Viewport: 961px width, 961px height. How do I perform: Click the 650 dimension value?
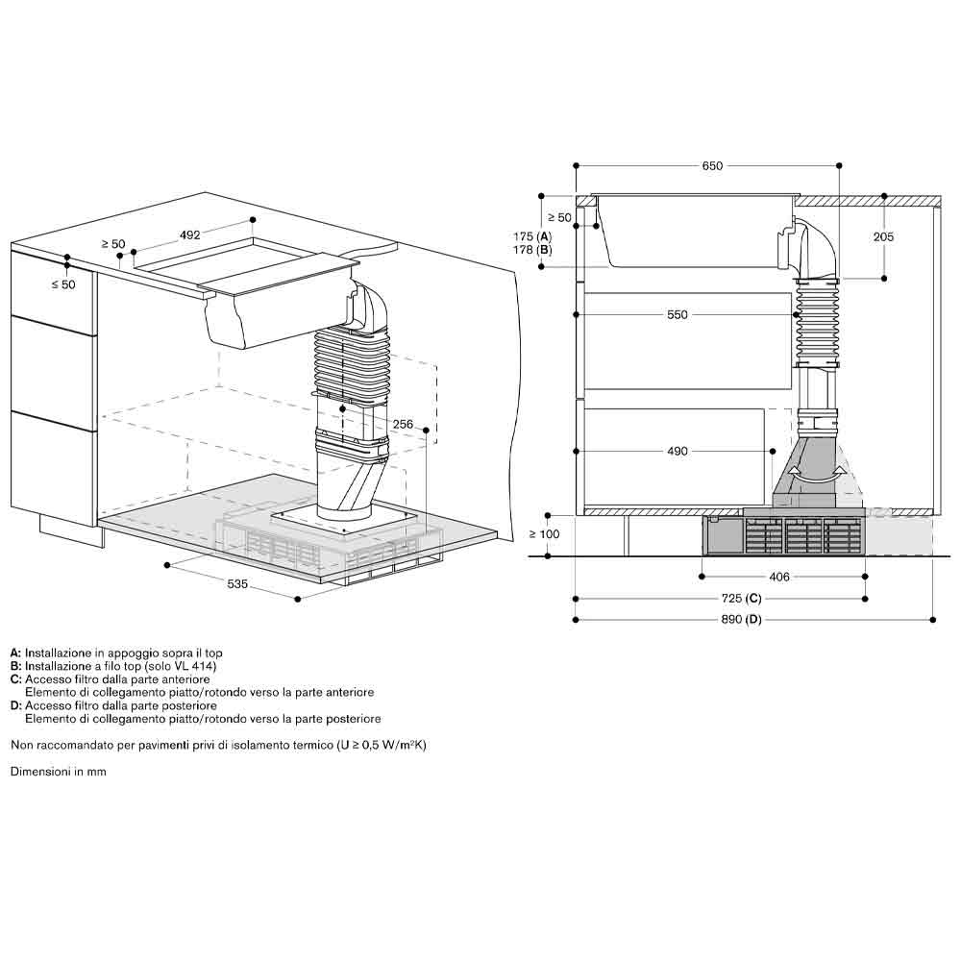click(712, 165)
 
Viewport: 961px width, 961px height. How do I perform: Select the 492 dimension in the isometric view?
click(190, 234)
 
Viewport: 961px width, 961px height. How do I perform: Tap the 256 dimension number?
click(403, 424)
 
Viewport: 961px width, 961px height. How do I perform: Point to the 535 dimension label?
click(237, 584)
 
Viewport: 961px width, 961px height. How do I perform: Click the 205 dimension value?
click(883, 236)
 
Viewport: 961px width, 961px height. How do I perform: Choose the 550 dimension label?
click(678, 314)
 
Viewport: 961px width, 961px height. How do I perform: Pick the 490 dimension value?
click(678, 451)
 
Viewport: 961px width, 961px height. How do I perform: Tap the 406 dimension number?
click(779, 577)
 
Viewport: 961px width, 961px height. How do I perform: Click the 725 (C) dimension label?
click(741, 598)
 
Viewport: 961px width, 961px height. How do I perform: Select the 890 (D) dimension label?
click(741, 620)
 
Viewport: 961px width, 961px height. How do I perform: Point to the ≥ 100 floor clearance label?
click(545, 534)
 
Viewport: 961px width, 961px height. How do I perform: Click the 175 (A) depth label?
click(532, 236)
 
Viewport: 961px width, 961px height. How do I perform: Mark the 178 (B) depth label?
click(532, 250)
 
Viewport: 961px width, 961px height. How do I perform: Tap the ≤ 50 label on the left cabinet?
click(63, 284)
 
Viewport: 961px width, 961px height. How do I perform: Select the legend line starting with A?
click(116, 653)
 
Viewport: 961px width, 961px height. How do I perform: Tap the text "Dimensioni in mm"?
click(59, 772)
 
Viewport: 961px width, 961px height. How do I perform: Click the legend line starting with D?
click(113, 706)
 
